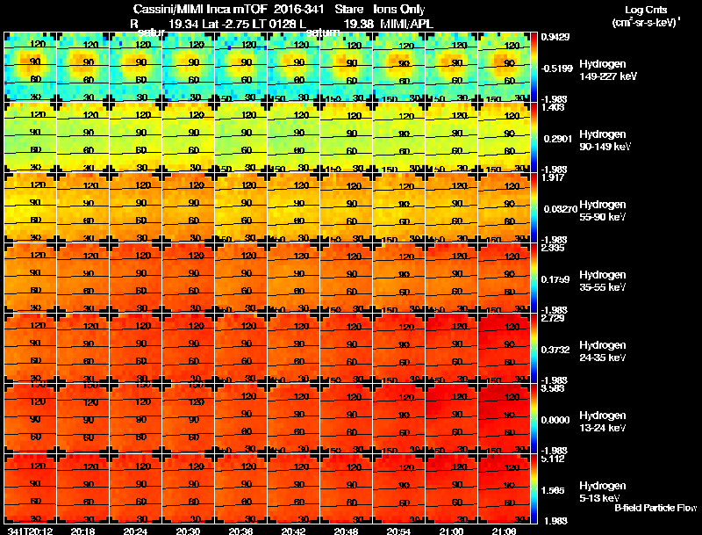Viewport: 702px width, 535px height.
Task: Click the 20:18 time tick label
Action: click(82, 531)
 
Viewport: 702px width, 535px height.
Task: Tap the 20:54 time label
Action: click(398, 531)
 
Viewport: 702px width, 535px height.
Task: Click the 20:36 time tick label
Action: click(240, 531)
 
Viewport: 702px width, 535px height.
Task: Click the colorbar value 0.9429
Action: click(554, 37)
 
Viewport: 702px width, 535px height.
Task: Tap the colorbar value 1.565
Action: click(554, 489)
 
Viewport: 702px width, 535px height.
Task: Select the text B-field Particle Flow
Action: click(655, 509)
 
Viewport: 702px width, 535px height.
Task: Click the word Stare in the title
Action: click(349, 9)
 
